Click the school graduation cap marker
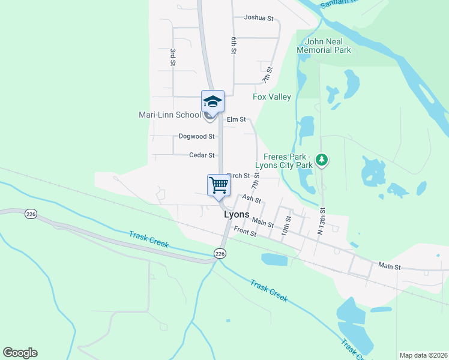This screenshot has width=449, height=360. point(212,101)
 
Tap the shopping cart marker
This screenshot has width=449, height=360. point(219,185)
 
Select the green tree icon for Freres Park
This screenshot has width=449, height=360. point(323,160)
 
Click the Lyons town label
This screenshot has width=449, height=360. point(237,214)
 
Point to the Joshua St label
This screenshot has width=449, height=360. point(259,17)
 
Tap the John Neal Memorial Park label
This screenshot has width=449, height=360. point(328,46)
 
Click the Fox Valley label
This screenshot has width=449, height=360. point(272,97)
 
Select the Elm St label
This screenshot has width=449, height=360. point(236,119)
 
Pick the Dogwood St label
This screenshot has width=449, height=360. point(196,136)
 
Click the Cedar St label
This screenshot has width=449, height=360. point(202,155)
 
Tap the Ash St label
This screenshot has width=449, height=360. point(252,199)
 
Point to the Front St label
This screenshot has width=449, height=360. point(245,232)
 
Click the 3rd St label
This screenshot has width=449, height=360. point(172,57)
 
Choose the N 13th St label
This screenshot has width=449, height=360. point(322,220)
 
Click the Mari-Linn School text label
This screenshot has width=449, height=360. point(170,115)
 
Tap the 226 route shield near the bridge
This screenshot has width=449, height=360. point(220,254)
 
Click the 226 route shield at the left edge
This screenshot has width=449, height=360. point(31,214)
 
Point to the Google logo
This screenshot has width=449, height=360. point(20,353)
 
